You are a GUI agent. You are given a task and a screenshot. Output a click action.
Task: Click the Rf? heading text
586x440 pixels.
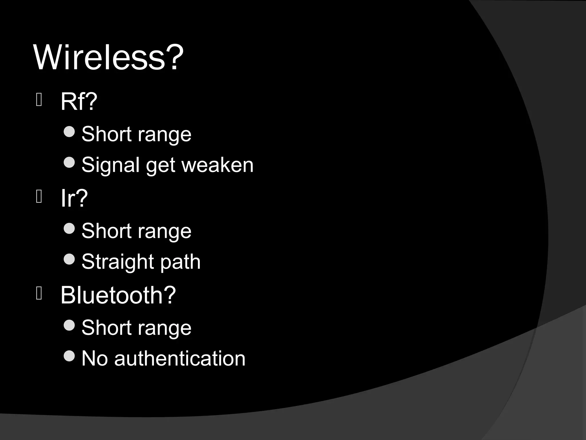[79, 101]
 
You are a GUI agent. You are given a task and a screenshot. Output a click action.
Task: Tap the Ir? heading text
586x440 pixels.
[74, 198]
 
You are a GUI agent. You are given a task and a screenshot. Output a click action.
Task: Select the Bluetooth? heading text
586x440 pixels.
[118, 295]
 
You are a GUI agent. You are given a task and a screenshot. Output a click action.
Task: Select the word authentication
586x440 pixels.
[180, 359]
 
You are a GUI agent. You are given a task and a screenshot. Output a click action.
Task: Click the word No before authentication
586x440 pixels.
[95, 359]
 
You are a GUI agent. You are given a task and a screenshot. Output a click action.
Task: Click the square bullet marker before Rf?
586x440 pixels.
[39, 100]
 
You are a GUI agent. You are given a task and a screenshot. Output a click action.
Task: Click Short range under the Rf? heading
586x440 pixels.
[136, 134]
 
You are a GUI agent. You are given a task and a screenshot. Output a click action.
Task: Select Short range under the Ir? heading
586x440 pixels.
[136, 231]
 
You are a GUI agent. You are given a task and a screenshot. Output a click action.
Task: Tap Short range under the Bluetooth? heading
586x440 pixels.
[136, 328]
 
